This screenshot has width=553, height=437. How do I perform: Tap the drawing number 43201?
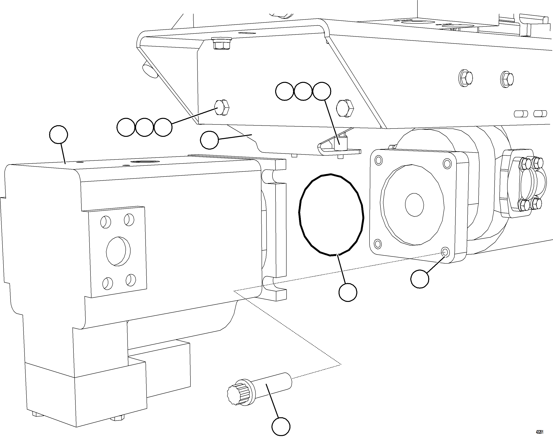539,432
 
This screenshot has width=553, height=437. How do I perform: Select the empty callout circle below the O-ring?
347,292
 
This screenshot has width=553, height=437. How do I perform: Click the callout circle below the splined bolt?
281,426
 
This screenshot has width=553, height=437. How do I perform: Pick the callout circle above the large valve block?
59,135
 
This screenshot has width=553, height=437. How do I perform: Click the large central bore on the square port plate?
118,251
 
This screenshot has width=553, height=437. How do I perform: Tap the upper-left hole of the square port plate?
105,222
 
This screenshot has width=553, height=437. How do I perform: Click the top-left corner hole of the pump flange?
378,161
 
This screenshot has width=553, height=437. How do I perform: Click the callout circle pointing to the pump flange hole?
420,279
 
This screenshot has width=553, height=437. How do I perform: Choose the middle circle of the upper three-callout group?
303,91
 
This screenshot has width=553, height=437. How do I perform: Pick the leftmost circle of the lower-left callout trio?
126,127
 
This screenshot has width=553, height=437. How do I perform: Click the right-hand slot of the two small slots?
540,113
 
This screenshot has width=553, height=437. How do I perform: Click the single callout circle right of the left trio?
209,140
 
